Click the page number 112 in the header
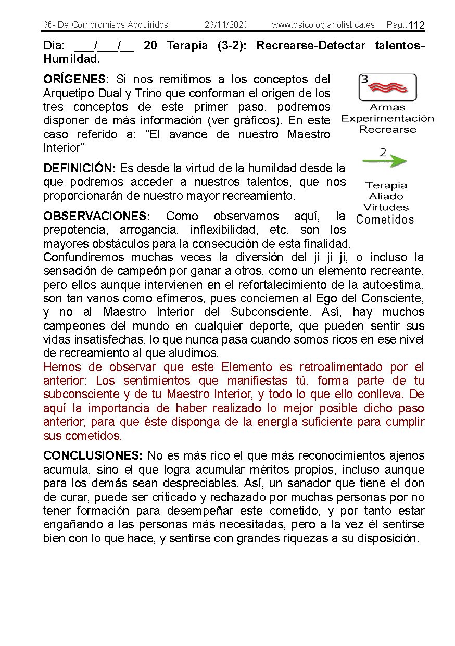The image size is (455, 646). [x=416, y=26]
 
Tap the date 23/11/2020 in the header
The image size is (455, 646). [x=226, y=25]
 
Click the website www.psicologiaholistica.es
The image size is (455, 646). [x=323, y=25]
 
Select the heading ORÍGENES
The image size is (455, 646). [x=74, y=79]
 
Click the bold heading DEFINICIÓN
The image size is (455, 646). [x=79, y=168]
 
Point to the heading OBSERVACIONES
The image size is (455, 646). [x=97, y=216]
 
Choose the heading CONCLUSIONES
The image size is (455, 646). [x=92, y=455]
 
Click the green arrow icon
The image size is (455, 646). [x=384, y=161]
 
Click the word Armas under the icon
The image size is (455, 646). [x=387, y=107]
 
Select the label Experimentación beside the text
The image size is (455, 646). [x=387, y=118]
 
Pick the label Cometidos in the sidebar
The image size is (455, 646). [x=385, y=220]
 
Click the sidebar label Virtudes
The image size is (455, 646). [x=386, y=207]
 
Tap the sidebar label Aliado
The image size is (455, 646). [x=386, y=196]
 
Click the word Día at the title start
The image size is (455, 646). [x=54, y=46]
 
